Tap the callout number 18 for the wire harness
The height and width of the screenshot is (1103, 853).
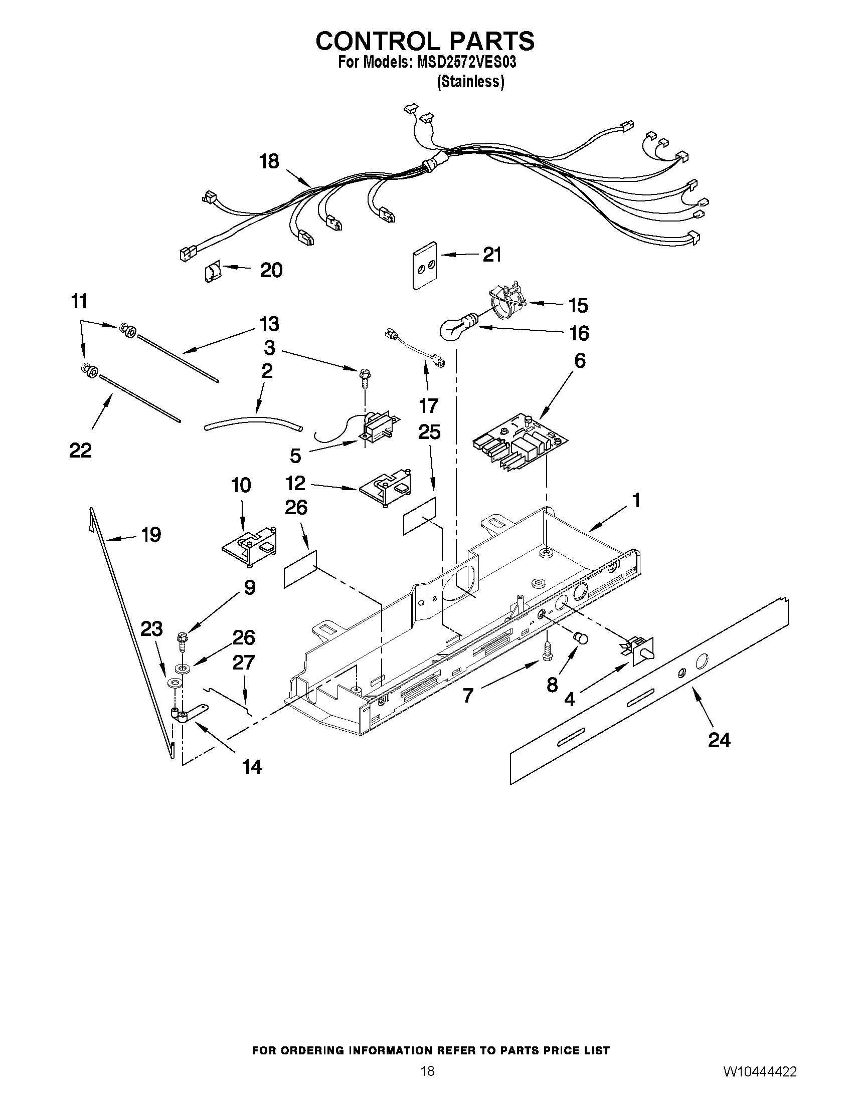269,161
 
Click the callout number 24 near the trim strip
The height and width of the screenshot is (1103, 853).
719,740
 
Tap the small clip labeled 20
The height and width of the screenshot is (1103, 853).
213,273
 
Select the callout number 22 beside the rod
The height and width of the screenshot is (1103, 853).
80,450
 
